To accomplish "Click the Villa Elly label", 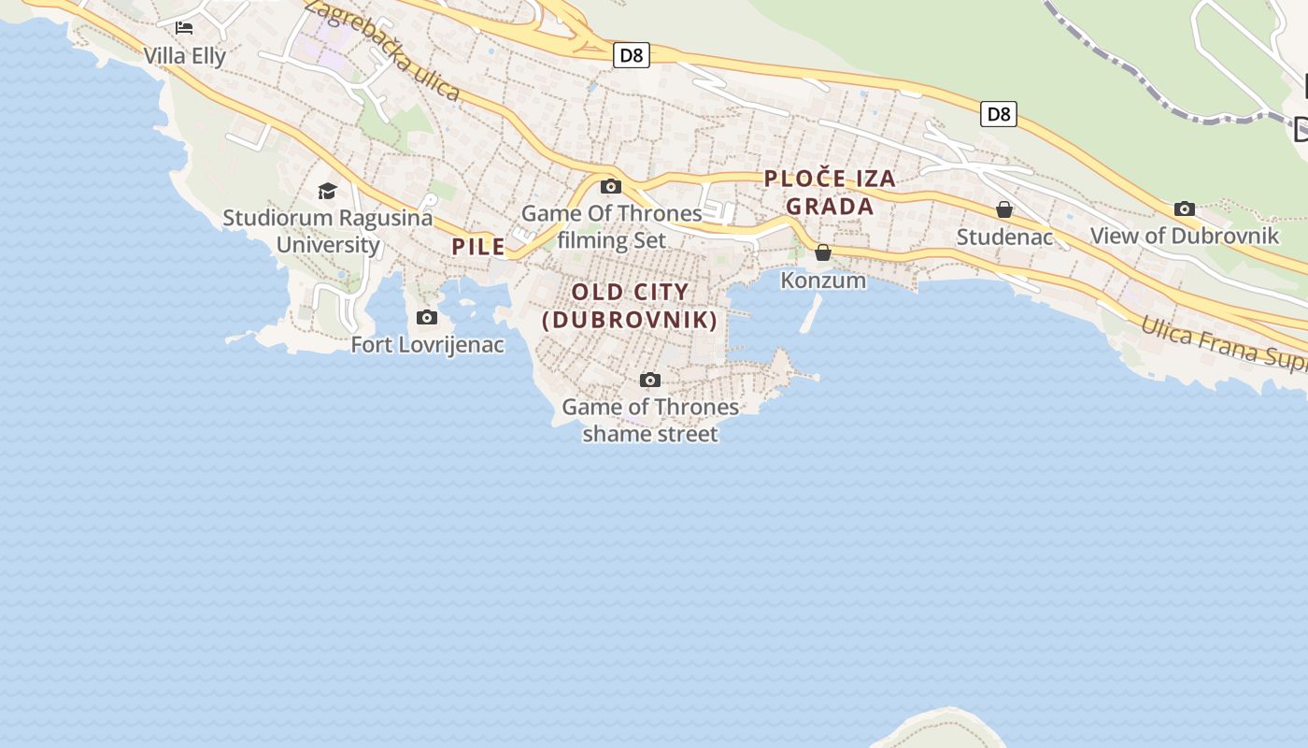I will coord(185,56).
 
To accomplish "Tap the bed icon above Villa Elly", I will coord(184,28).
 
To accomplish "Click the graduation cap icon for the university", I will coord(327,192).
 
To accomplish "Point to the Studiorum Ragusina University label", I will coord(328,231).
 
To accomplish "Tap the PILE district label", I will coord(479,247).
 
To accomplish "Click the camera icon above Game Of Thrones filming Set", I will coord(611,186).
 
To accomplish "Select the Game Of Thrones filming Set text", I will coord(612,226).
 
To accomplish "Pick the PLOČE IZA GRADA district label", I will coord(830,192).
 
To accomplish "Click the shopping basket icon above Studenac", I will coord(1004,209).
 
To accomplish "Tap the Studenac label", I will coord(1004,237).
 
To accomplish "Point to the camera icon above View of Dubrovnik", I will coord(1185,209).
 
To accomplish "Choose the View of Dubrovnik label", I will coord(1184,236).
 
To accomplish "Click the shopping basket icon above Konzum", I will coord(823,252).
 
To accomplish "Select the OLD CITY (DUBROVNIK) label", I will coord(631,306).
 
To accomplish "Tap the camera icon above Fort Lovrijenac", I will coord(427,318).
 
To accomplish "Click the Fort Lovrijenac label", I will coord(427,345).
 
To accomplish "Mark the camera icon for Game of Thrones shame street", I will coord(650,380).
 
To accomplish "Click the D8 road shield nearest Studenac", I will coord(999,114).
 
